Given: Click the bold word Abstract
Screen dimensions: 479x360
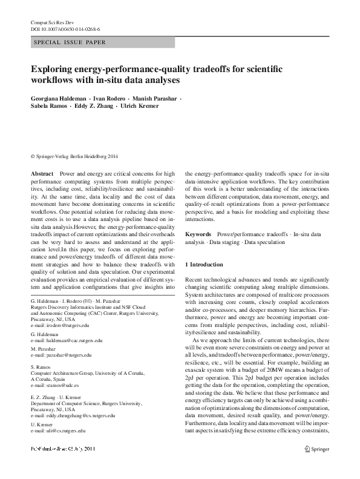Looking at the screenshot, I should click(x=41, y=173).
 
